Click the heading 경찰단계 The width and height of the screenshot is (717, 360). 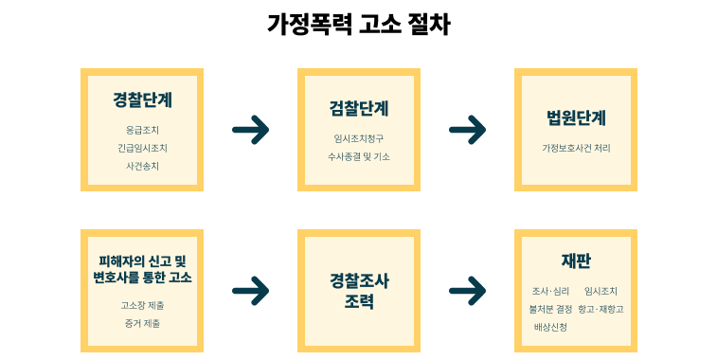tap(142, 100)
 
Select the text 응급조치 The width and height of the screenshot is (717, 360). tap(142, 130)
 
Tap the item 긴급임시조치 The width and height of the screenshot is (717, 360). tap(142, 148)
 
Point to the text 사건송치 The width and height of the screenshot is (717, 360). tap(142, 166)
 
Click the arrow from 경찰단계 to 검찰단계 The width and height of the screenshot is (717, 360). tap(250, 130)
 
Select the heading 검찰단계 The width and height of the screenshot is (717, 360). tap(359, 108)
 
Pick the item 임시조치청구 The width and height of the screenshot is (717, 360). tap(359, 138)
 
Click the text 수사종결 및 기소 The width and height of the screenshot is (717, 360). tap(359, 156)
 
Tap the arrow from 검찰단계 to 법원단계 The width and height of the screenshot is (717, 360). tap(467, 130)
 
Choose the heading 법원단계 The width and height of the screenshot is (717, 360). tap(576, 118)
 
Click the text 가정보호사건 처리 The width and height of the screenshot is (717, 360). tap(576, 149)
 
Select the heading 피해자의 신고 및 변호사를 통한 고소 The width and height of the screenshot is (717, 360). tap(142, 269)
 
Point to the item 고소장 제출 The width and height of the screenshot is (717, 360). tap(142, 305)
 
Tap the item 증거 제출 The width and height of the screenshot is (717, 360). tap(142, 323)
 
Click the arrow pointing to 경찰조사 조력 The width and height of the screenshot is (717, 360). tap(250, 291)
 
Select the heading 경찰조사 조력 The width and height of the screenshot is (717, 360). tap(359, 291)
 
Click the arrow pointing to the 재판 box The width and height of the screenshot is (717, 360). tap(467, 291)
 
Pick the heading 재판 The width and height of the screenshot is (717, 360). tap(576, 261)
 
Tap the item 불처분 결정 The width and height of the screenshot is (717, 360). tap(550, 309)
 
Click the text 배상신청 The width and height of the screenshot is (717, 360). tap(550, 327)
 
